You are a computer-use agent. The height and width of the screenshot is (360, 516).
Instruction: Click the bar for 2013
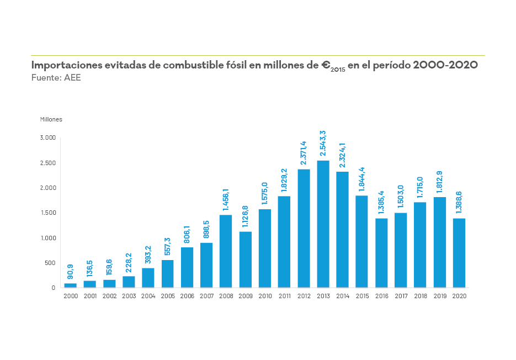pyautogui.click(x=323, y=224)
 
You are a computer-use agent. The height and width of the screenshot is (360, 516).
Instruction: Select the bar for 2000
pyautogui.click(x=71, y=285)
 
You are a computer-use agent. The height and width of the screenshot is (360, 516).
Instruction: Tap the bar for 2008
pyautogui.click(x=226, y=251)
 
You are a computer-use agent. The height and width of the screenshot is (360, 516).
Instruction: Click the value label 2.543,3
pyautogui.click(x=323, y=143)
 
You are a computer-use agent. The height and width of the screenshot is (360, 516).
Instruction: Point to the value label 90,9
pyautogui.click(x=71, y=271)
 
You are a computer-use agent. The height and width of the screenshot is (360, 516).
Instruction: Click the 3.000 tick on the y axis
pyautogui.click(x=49, y=137)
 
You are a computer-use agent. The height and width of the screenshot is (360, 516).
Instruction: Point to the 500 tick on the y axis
pyautogui.click(x=50, y=263)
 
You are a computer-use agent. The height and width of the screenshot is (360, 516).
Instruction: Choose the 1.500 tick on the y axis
pyautogui.click(x=49, y=213)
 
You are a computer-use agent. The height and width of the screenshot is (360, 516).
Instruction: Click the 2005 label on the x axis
pyautogui.click(x=168, y=297)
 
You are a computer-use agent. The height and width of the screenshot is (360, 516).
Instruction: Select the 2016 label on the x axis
pyautogui.click(x=381, y=297)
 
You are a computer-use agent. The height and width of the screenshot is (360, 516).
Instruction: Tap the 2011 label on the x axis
pyautogui.click(x=284, y=297)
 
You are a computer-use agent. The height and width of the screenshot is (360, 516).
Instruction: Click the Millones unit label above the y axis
pyautogui.click(x=51, y=119)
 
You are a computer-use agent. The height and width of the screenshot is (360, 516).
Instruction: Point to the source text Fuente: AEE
pyautogui.click(x=56, y=78)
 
